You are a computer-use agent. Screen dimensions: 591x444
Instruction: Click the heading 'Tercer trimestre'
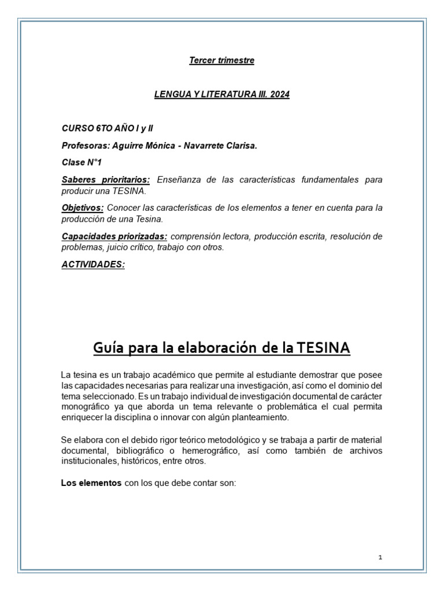[221, 61]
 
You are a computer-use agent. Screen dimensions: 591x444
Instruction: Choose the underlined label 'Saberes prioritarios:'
[106, 180]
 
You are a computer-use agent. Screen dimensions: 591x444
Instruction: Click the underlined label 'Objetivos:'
[83, 207]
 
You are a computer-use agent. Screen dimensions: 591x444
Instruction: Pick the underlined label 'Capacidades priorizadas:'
[114, 237]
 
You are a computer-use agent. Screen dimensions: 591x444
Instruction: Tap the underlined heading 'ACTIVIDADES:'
[93, 264]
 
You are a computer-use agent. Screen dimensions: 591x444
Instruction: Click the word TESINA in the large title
[324, 349]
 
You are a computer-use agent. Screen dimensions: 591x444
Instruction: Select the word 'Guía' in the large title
[109, 349]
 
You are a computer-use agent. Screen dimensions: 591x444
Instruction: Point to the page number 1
[380, 558]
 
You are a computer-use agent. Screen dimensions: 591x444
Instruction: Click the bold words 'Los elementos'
[91, 484]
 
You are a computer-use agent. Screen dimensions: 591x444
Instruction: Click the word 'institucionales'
[88, 461]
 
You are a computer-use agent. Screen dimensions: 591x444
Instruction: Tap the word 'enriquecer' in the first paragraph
[82, 417]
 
